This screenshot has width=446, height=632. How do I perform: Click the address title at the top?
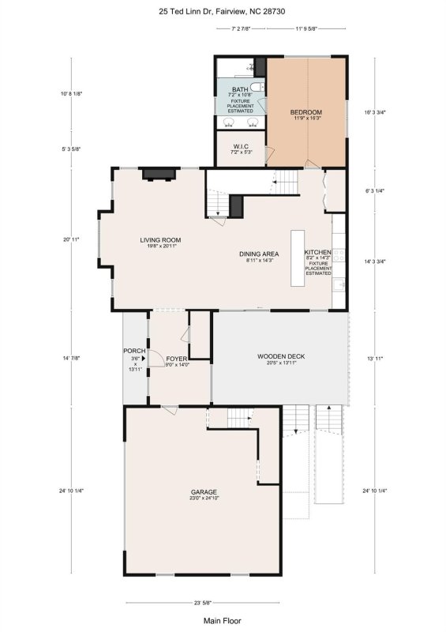coord(223,11)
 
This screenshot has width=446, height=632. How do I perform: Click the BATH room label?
coord(240,90)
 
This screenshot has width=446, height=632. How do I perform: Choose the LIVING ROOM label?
coord(161,240)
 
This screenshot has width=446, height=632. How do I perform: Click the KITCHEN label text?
coord(318,253)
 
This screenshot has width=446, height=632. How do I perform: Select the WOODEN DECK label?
coord(281,356)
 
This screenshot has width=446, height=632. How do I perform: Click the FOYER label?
coord(177,359)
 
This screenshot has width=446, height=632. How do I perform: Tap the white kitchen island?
coord(298,258)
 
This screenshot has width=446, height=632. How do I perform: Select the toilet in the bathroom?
coord(257,87)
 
